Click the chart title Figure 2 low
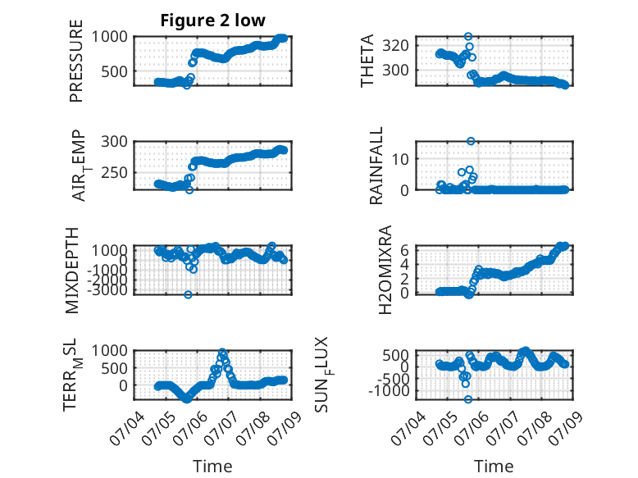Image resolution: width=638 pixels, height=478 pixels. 212,20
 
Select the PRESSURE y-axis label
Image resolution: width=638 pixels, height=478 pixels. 76,61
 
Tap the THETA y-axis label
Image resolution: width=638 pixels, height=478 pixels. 367,61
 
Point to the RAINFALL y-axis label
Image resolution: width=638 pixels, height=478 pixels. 376,166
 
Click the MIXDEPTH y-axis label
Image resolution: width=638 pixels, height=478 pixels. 71,270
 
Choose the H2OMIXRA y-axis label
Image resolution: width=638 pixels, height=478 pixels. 385,270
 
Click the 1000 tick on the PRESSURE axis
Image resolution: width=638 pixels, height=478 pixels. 109,37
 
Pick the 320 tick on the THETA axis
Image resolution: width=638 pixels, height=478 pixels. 395,45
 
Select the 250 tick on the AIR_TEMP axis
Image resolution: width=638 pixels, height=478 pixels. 114,172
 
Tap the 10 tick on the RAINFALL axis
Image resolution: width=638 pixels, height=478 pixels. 400,159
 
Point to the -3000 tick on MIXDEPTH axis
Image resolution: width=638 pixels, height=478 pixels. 107,290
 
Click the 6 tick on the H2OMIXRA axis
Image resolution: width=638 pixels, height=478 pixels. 404,250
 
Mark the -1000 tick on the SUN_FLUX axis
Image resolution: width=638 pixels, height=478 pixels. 389,391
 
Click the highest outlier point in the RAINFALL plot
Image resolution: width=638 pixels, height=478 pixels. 471,141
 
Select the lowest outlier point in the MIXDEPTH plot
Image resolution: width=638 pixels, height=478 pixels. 188,294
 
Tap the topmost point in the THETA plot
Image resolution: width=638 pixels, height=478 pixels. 468,37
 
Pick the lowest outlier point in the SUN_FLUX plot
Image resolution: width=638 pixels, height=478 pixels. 468,399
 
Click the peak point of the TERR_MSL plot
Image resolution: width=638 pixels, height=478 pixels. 222,352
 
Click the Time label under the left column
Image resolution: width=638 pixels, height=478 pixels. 212,467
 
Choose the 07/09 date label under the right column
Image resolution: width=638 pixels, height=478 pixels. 567,427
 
